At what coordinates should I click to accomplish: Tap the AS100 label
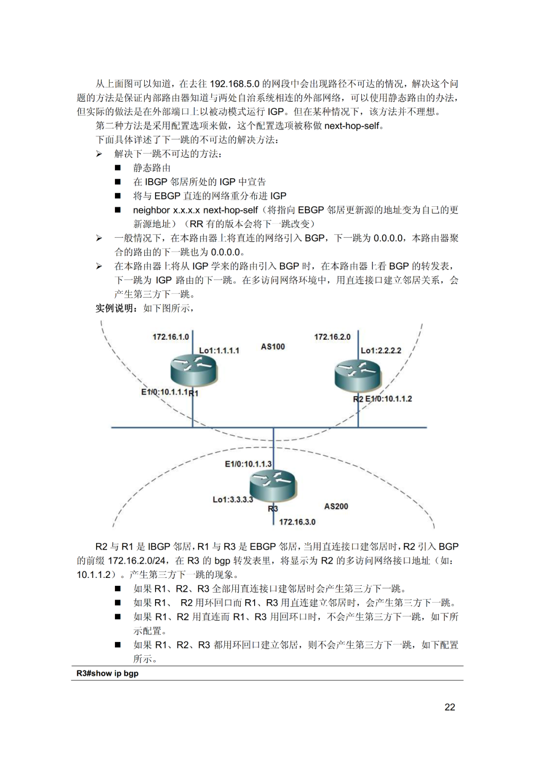[273, 346]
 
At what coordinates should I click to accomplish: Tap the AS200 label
[336, 506]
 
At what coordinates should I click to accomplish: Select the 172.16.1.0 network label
[171, 337]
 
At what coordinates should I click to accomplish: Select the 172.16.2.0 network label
[332, 337]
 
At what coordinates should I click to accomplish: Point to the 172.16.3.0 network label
[297, 522]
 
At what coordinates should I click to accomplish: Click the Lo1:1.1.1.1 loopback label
[219, 350]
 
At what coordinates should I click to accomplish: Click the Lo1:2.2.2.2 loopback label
[381, 350]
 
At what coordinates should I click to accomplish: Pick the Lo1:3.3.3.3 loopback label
[233, 500]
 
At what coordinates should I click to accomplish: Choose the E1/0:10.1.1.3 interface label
[249, 464]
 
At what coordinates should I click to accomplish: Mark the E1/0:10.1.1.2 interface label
[388, 399]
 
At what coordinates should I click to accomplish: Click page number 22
[450, 707]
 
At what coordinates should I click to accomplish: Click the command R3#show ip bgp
[107, 673]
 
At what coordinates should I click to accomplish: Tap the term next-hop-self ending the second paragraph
[352, 126]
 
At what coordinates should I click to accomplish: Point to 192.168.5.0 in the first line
[235, 83]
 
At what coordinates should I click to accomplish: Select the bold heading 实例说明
[114, 308]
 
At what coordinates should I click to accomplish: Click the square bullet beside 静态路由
[118, 168]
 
